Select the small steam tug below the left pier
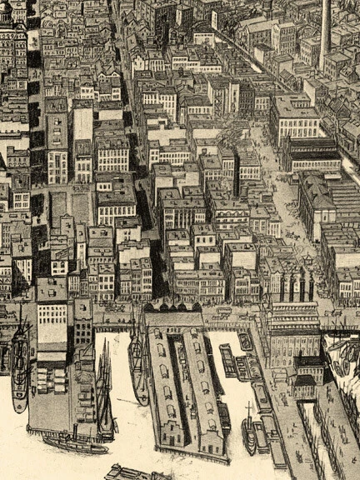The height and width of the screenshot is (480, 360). tap(75, 442)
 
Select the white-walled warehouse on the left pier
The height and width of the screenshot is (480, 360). tap(52, 321)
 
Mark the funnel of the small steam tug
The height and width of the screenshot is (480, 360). tap(74, 432)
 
